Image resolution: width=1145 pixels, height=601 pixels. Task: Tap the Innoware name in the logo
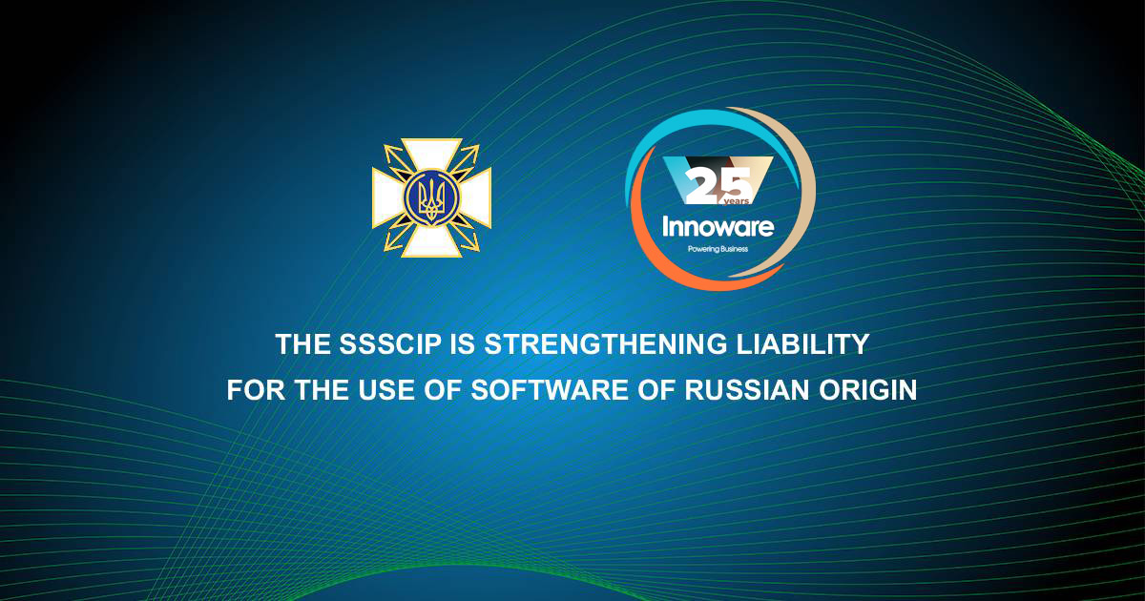click(718, 227)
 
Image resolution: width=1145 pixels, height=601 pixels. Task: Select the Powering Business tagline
click(718, 250)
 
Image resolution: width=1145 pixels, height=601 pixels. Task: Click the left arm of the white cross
click(385, 198)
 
